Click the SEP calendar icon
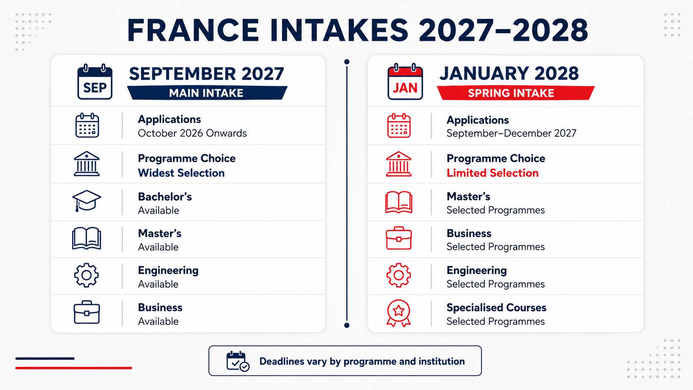click(94, 82)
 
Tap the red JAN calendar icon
click(405, 82)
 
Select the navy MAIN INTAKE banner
click(207, 93)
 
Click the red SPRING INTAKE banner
click(516, 93)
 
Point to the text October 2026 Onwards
click(192, 133)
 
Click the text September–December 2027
click(511, 133)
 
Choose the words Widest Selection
click(181, 173)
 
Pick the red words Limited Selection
click(492, 173)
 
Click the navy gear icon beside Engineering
click(86, 275)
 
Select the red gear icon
click(398, 275)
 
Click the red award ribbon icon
click(398, 313)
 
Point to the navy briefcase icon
click(87, 312)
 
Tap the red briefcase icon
click(399, 238)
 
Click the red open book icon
click(398, 202)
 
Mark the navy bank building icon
click(87, 164)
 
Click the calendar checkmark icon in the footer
click(237, 361)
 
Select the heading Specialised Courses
click(496, 308)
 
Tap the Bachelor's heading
click(165, 197)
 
